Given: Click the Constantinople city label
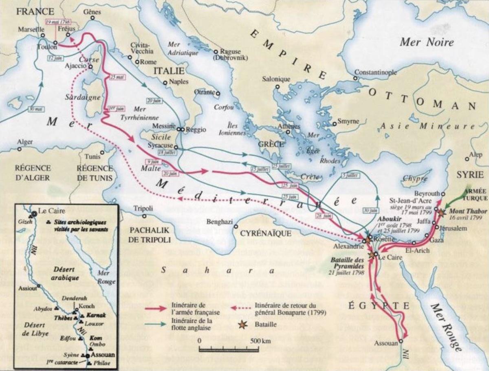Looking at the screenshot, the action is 375,72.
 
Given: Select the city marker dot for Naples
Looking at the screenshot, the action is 165,82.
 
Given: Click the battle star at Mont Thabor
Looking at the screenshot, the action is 443,213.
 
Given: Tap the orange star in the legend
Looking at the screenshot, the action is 242,324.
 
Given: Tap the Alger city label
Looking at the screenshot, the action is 25,142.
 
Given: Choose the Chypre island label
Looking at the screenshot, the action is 415,178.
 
